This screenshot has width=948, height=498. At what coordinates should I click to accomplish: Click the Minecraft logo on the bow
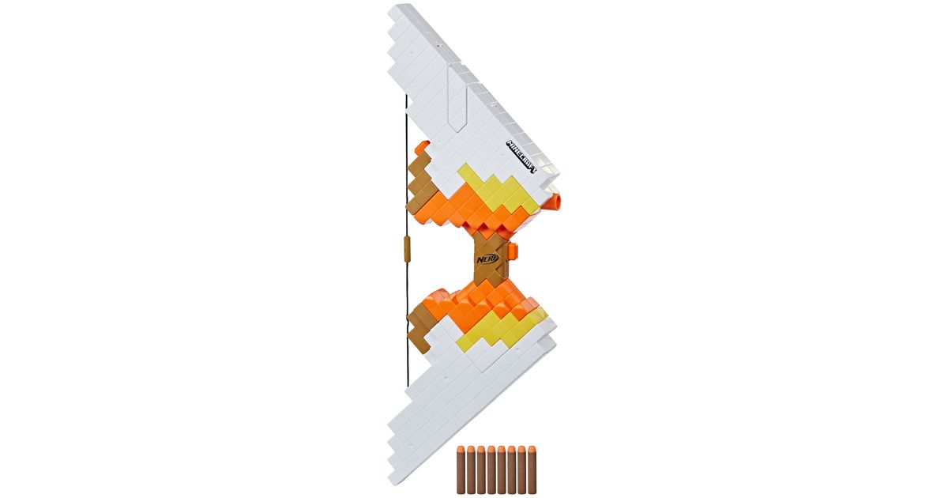[521, 157]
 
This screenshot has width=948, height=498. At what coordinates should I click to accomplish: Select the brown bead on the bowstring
[408, 251]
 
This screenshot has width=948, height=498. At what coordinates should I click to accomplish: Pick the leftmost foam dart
[461, 470]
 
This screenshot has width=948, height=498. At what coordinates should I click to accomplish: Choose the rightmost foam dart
[532, 470]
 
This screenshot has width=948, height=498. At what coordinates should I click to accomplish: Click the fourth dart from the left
[491, 470]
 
